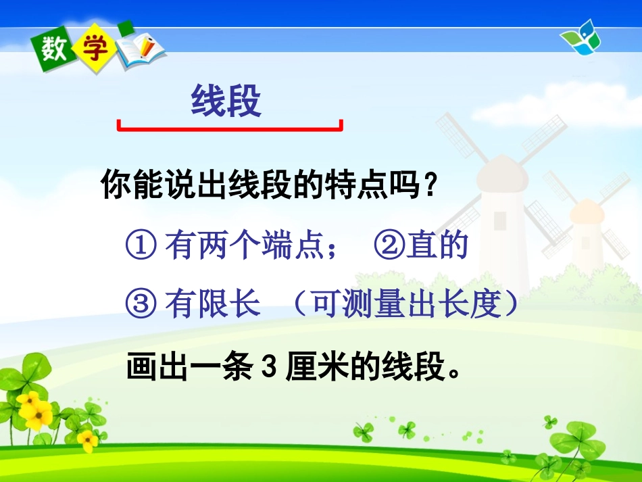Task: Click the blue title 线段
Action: tap(226, 103)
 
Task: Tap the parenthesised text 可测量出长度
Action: tap(405, 306)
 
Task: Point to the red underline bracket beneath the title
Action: tap(230, 127)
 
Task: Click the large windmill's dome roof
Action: tap(501, 172)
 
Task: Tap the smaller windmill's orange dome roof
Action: tap(586, 210)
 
